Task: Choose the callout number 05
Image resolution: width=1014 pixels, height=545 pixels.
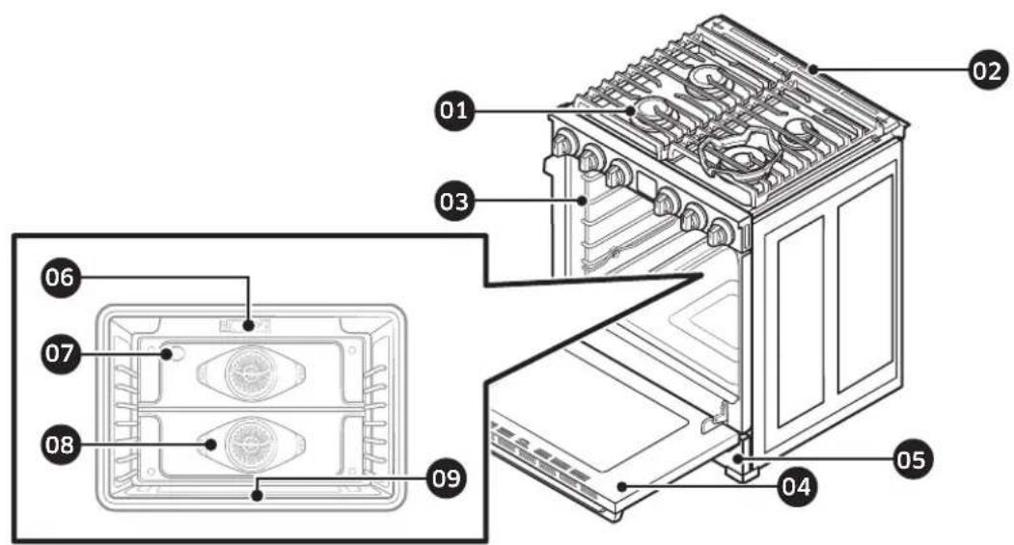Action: (x=909, y=459)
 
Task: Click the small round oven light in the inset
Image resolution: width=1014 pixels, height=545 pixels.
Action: (x=175, y=355)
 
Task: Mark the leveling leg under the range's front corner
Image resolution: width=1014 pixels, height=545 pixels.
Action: (x=743, y=470)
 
